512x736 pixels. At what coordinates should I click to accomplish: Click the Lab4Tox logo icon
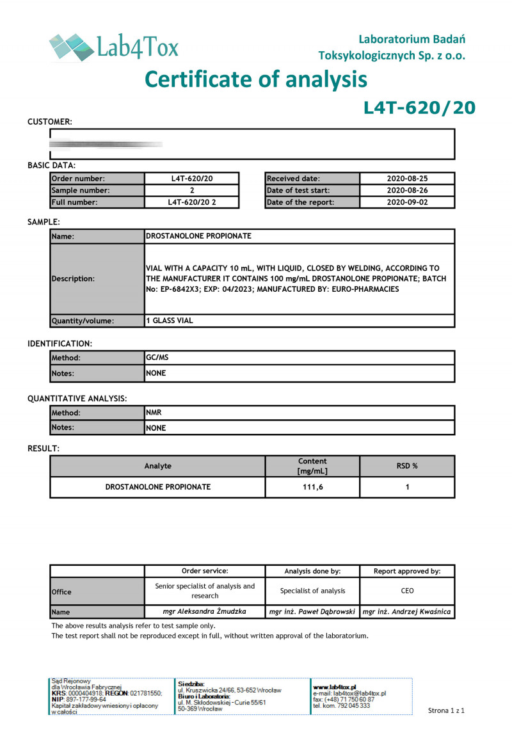(70, 47)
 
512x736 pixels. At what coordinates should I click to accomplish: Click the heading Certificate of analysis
(256, 79)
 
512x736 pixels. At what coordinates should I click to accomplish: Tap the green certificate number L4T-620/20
(419, 108)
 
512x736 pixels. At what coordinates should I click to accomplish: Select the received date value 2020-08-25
(407, 179)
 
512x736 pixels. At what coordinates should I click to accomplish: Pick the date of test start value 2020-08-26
(407, 191)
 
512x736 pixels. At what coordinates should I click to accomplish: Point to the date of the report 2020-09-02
(407, 202)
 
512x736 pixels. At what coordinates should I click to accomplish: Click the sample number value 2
(192, 191)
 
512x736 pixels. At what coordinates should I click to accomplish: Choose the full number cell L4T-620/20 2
(192, 202)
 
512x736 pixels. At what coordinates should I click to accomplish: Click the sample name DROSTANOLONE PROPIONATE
(199, 236)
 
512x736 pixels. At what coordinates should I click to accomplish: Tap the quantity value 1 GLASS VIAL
(170, 321)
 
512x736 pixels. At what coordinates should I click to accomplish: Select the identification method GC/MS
(157, 358)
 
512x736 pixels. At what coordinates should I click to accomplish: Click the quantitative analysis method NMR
(154, 413)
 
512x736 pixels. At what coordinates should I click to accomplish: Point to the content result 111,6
(312, 487)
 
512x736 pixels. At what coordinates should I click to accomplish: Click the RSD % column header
(407, 466)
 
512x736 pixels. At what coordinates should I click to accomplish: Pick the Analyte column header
(158, 466)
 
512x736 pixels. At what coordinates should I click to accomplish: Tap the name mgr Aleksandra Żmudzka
(205, 612)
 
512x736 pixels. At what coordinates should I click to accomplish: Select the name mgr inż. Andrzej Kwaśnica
(407, 612)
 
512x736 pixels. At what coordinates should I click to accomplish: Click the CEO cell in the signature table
(407, 591)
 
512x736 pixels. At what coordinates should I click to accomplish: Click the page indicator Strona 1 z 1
(446, 710)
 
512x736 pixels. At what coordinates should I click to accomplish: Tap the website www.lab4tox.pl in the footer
(335, 687)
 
